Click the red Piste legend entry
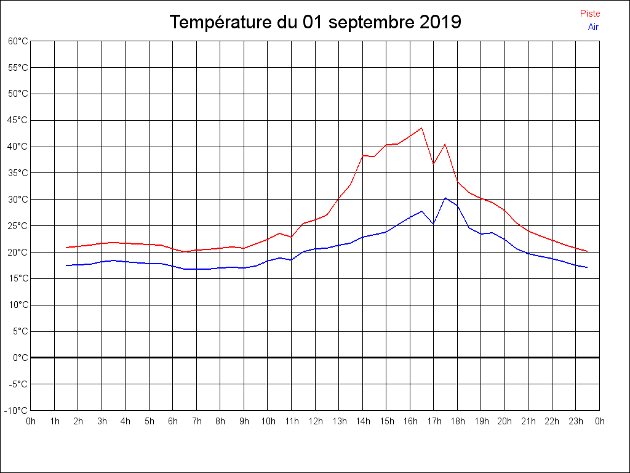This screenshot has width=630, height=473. [x=590, y=14]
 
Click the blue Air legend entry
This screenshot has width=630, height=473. [x=593, y=26]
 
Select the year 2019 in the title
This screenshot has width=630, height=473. [x=441, y=23]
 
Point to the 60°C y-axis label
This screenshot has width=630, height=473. [x=18, y=41]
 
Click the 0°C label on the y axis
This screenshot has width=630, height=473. [x=20, y=358]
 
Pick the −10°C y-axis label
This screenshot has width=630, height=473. [x=17, y=411]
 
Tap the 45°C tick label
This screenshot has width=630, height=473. [x=18, y=120]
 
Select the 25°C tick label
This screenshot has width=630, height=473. [x=18, y=226]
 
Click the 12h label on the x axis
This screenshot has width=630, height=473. [x=316, y=421]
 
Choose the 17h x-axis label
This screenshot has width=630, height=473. [x=434, y=421]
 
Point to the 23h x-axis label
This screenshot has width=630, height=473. [x=576, y=421]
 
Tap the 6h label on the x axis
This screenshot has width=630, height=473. [x=173, y=421]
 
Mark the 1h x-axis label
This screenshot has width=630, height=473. [x=55, y=421]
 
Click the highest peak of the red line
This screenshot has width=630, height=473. [x=421, y=128]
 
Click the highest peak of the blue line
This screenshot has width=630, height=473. [x=445, y=198]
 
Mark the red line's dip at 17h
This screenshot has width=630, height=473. [x=433, y=164]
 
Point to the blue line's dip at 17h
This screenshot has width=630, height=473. [x=433, y=224]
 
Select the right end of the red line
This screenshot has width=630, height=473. [x=588, y=251]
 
